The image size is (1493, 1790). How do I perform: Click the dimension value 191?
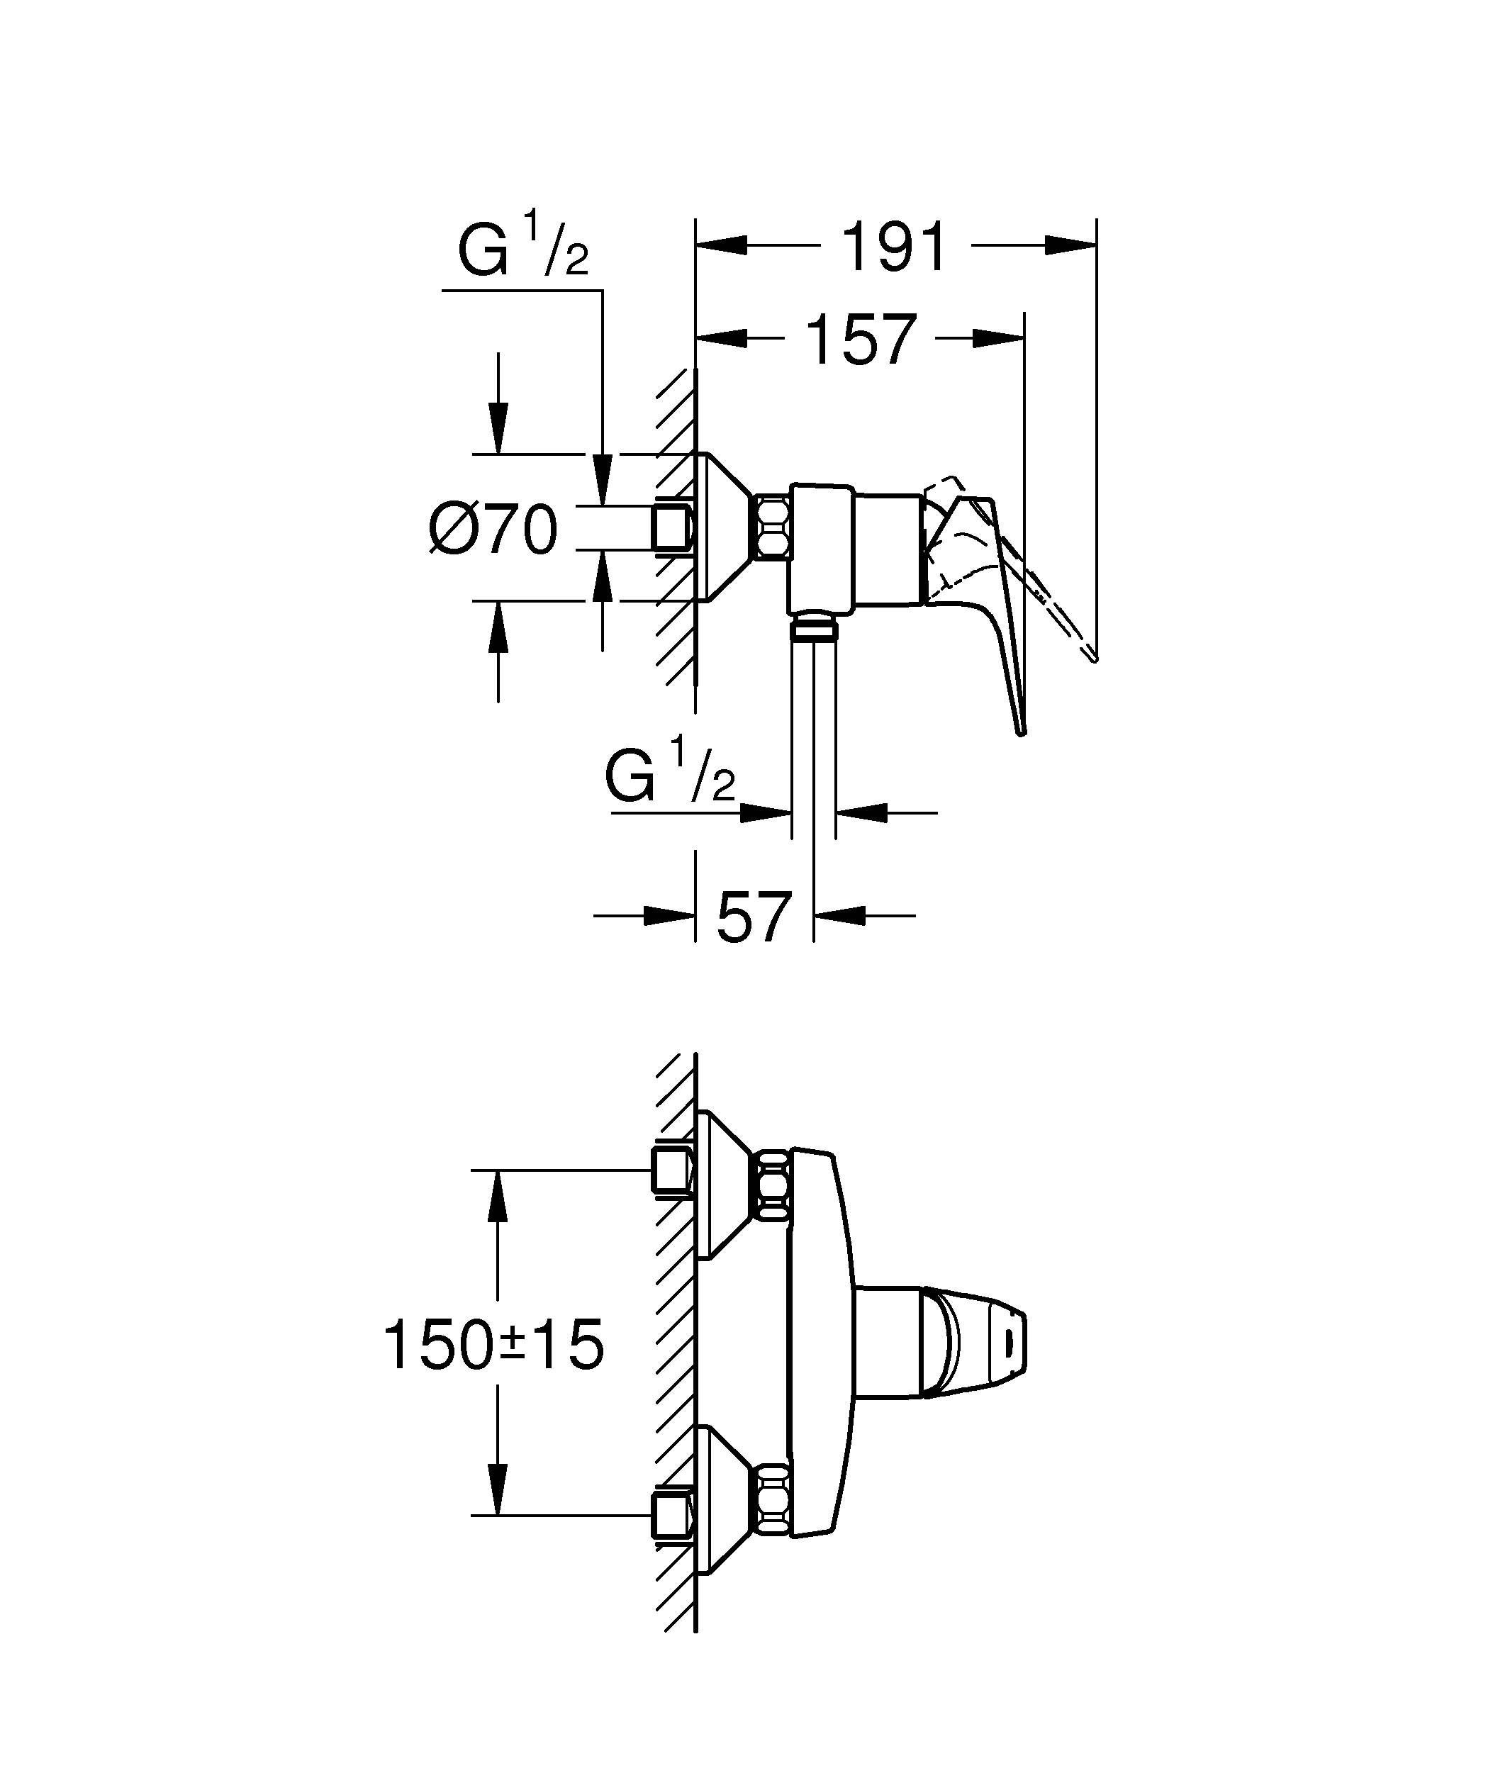(x=894, y=248)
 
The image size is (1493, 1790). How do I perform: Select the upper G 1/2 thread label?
(x=522, y=249)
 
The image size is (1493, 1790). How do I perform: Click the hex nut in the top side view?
(x=773, y=528)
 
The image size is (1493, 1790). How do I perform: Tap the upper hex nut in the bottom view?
(x=773, y=1185)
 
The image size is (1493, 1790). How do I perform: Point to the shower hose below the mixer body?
(x=814, y=733)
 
